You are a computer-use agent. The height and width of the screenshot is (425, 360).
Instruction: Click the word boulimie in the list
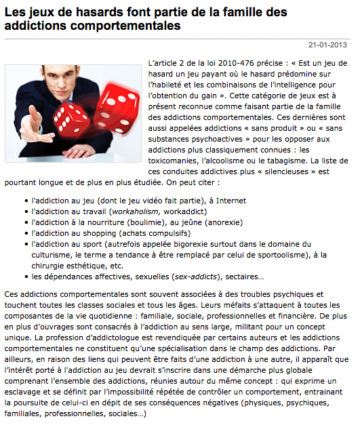pos(148,223)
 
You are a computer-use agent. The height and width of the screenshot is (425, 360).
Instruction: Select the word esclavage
pos(28,391)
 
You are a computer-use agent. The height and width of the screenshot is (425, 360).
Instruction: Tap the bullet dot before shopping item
pos(25,234)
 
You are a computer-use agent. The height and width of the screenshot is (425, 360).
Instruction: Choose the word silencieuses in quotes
pos(288,172)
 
